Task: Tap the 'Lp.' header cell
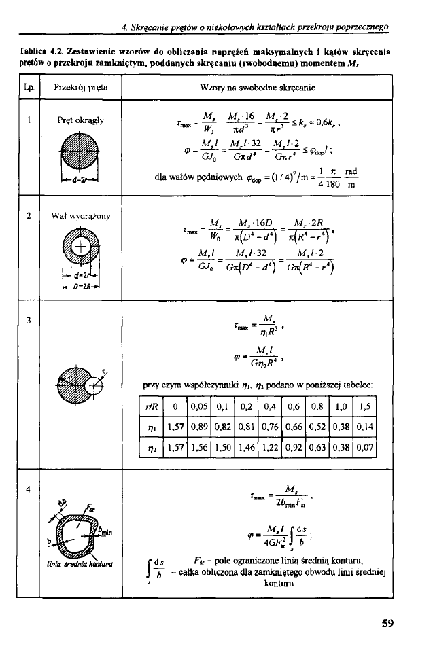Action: [28, 88]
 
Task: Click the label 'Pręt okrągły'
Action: [80, 121]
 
